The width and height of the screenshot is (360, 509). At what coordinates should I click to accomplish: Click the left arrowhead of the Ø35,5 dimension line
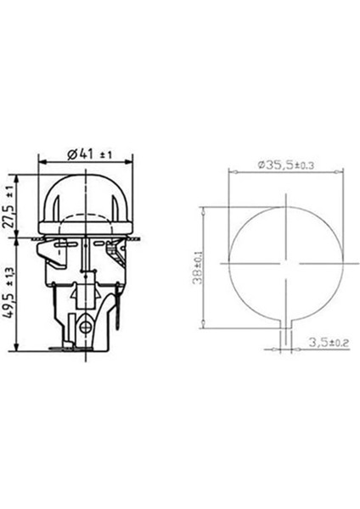pos(231,172)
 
